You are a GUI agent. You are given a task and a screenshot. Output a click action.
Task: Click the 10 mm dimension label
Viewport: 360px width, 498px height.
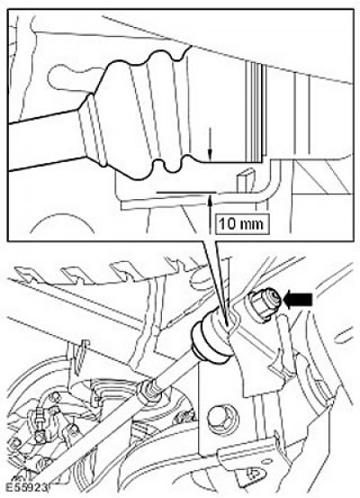coord(241,224)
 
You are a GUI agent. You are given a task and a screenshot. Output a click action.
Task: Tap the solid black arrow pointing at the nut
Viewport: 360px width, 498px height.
coord(298,300)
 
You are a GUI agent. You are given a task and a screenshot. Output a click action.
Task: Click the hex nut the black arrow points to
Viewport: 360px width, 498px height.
coord(265,303)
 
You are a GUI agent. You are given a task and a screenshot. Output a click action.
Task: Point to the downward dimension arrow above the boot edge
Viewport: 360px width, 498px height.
coord(209,144)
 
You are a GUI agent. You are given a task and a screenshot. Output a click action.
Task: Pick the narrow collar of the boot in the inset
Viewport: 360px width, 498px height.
coord(92,131)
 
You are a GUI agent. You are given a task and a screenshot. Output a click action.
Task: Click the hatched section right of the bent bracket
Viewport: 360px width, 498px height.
coord(320,177)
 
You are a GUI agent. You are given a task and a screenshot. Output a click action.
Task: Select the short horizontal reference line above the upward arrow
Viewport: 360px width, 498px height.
coord(186,192)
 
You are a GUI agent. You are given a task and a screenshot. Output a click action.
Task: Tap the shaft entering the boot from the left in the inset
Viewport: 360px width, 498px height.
coord(43,140)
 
